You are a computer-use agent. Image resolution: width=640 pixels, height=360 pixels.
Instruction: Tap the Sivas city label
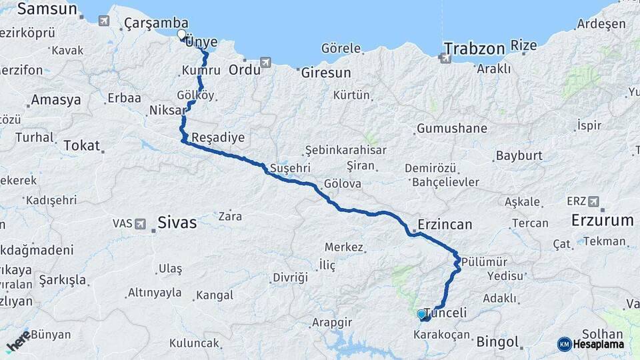(177, 222)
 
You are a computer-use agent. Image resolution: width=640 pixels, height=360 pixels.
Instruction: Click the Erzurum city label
(602, 220)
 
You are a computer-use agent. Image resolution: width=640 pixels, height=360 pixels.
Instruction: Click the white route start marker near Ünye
(181, 34)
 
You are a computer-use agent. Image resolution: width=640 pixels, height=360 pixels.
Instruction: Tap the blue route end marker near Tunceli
(421, 314)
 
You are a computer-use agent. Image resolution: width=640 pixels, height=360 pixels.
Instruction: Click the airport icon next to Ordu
(266, 63)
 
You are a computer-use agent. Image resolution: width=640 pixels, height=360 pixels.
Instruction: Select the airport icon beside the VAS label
(141, 223)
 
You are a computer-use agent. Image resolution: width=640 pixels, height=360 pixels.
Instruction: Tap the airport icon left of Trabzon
(445, 58)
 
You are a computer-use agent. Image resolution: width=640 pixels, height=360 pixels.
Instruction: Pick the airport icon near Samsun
(103, 21)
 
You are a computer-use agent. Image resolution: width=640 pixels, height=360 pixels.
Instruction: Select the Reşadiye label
(218, 138)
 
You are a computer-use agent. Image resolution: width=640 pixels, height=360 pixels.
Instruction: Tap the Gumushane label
(451, 128)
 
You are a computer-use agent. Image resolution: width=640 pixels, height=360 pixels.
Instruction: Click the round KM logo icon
(565, 344)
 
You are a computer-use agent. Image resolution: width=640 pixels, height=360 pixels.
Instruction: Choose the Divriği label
(290, 277)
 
